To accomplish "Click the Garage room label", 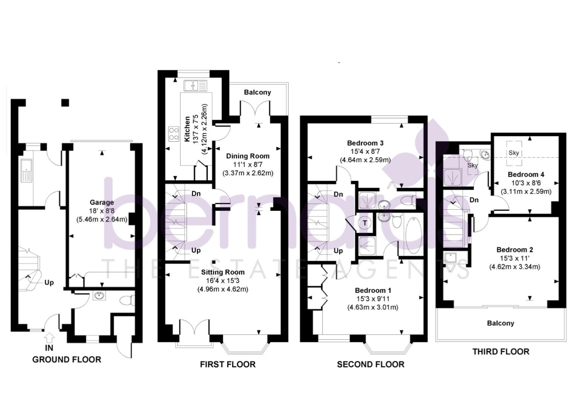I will tap(102, 202).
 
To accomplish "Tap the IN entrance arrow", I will tap(49, 337).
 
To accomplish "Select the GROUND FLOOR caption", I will tap(66, 359).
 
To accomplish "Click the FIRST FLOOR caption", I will tap(227, 364).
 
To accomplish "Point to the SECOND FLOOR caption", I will tap(371, 364).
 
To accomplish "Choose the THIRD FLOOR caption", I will tap(501, 352).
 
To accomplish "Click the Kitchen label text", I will tap(187, 129).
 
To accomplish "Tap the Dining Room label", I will tap(248, 156).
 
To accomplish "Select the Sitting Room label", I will tap(222, 272).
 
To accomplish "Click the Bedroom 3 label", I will tap(365, 143).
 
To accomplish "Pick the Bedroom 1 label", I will tap(373, 291).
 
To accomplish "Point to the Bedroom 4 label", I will tap(526, 175).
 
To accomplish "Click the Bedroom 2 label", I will tap(514, 250).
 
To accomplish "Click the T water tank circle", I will tap(365, 223).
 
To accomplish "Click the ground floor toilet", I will tap(126, 301).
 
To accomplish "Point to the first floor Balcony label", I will tap(257, 92).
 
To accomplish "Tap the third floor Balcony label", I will tap(500, 323).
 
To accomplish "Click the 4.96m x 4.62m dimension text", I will tap(222, 289).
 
